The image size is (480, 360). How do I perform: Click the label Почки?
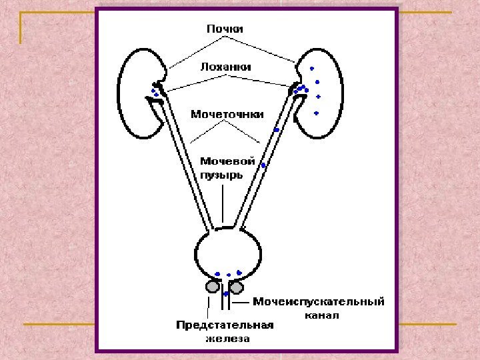[x=225, y=29]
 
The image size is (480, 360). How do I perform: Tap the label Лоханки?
[x=226, y=67]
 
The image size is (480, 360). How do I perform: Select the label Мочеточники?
[x=227, y=113]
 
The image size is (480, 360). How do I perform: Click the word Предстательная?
[x=225, y=325]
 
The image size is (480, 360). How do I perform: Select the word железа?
[x=227, y=338]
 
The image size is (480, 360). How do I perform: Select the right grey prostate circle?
[x=237, y=286]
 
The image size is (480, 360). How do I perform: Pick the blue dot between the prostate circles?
[x=227, y=293]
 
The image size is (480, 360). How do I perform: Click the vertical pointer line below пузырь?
[x=223, y=203]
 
